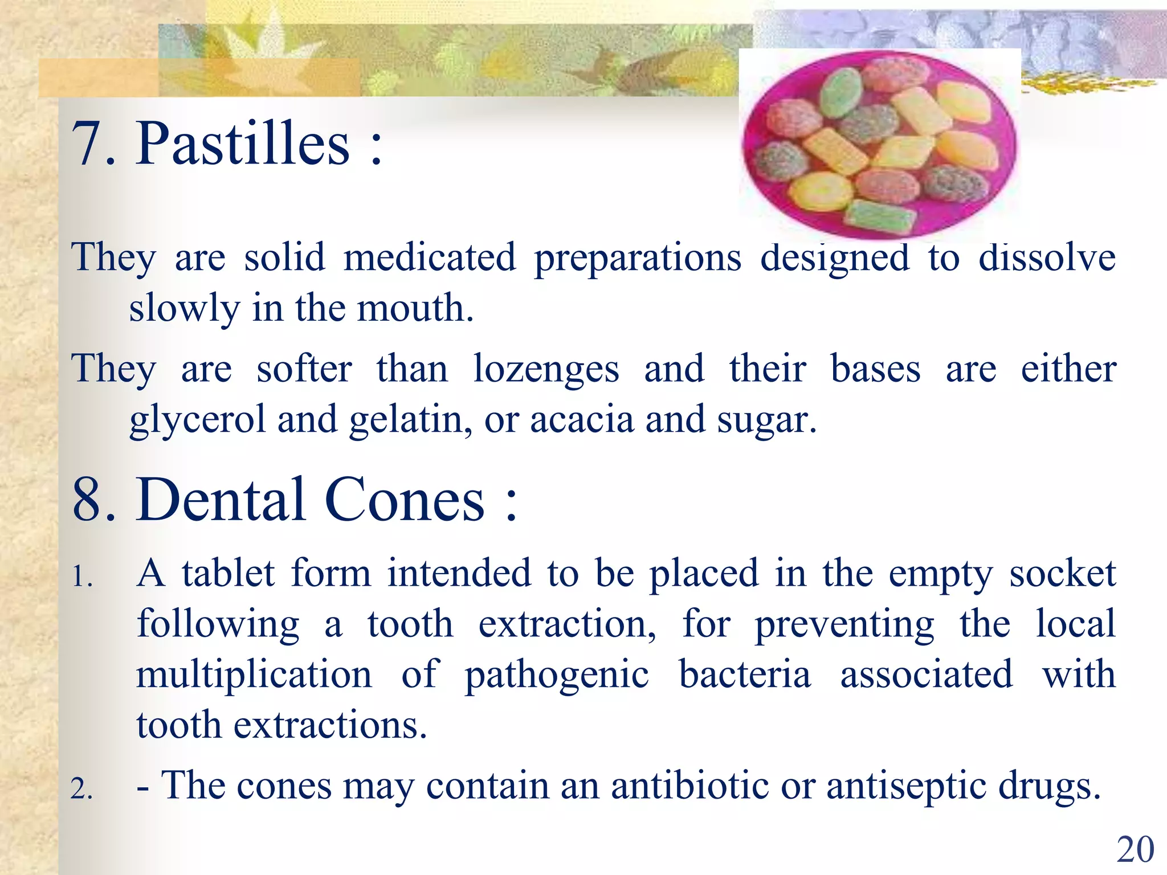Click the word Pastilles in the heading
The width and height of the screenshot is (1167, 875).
click(243, 144)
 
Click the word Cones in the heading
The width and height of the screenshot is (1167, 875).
click(404, 500)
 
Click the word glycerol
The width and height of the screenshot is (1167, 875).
click(197, 420)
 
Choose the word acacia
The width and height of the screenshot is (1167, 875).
click(581, 420)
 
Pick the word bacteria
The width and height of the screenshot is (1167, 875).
click(745, 674)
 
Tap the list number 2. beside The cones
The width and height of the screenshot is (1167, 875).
click(81, 790)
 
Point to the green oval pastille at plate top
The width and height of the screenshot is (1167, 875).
click(841, 92)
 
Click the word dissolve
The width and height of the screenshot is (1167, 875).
click(1047, 258)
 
